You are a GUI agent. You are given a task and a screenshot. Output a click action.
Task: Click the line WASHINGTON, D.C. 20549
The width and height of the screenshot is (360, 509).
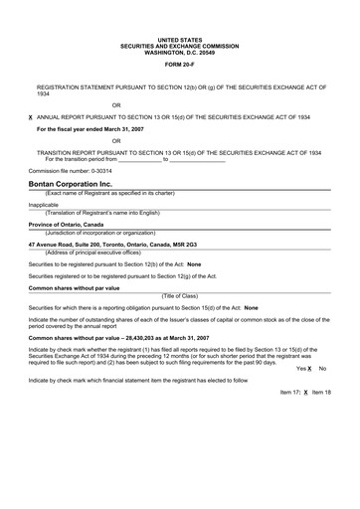[179, 51]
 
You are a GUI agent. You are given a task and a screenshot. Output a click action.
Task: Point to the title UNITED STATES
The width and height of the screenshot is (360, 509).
[179, 39]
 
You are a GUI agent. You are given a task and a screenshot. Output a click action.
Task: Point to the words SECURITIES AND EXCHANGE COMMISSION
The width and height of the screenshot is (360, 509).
[179, 45]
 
